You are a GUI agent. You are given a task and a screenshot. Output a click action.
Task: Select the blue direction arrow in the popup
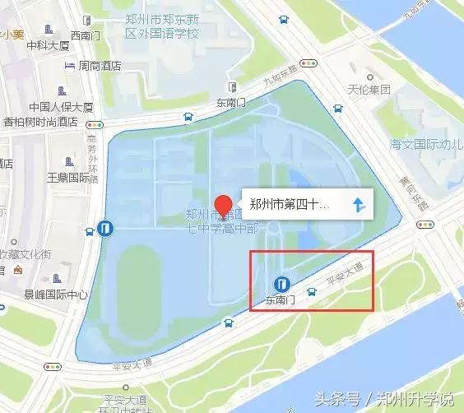point(359,205)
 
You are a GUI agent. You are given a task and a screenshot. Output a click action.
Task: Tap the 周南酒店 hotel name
point(105,66)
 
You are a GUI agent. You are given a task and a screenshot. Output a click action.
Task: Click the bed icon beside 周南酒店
point(72,66)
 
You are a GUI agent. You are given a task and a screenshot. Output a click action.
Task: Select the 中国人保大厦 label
point(61,107)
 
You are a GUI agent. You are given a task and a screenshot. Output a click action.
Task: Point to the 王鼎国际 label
point(67,177)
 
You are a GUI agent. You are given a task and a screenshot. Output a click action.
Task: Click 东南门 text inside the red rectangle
point(281,302)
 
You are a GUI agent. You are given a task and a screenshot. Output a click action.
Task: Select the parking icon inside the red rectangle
point(281,285)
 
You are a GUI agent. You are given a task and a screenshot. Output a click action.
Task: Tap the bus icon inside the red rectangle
point(311,291)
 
